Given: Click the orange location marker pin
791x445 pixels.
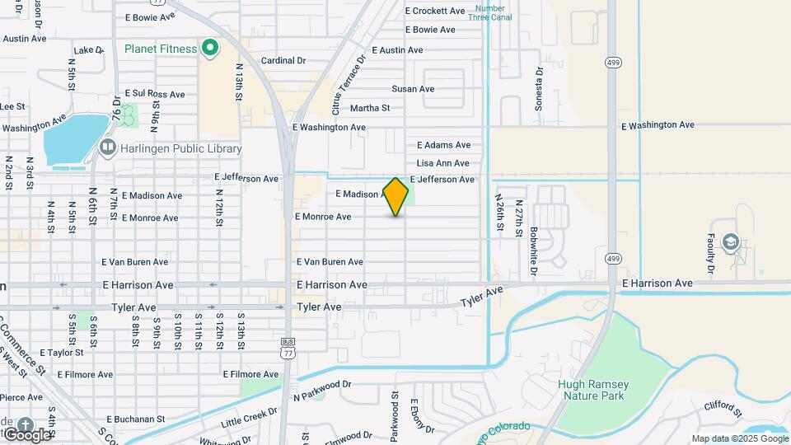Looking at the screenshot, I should [x=396, y=196].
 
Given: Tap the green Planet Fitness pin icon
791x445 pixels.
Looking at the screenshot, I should [x=209, y=49].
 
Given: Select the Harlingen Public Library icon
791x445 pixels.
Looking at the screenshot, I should [x=107, y=148].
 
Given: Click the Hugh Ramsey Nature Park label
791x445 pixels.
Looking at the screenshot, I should [x=593, y=390].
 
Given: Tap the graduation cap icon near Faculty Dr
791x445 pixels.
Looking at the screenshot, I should [x=730, y=242].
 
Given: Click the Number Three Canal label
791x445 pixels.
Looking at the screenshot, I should [x=489, y=12].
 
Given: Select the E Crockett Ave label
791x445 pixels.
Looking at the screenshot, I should [x=436, y=11].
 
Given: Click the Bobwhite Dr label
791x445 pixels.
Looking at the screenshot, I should [x=534, y=251].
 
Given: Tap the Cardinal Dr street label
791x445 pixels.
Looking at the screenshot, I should [x=283, y=61].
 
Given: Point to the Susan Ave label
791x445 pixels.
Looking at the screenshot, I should [x=413, y=89].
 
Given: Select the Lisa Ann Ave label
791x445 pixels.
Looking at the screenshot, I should [x=442, y=163].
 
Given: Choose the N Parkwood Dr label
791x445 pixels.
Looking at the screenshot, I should [x=322, y=385].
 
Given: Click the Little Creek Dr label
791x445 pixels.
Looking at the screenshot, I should [x=250, y=418].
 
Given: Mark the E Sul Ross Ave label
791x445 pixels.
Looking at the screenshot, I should [x=155, y=95].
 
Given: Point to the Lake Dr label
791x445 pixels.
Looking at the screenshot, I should [x=88, y=50].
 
